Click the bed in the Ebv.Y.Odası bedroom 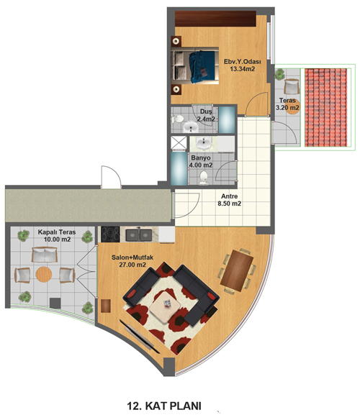pyautogui.click(x=194, y=65)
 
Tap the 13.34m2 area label pyautogui.click(x=243, y=69)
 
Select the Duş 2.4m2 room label pyautogui.click(x=206, y=115)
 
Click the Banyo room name pyautogui.click(x=201, y=158)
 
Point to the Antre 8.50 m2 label pyautogui.click(x=230, y=200)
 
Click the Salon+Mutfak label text pyautogui.click(x=132, y=257)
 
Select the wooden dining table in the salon pyautogui.click(x=237, y=270)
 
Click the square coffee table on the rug pyautogui.click(x=165, y=307)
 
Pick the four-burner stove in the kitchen pyautogui.click(x=110, y=234)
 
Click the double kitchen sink pyautogui.click(x=138, y=234)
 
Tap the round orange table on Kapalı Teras pyautogui.click(x=44, y=275)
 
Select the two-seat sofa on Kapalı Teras pyautogui.click(x=45, y=255)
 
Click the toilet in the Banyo pyautogui.click(x=204, y=178)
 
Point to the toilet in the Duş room pyautogui.click(x=178, y=119)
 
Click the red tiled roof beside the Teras pyautogui.click(x=326, y=107)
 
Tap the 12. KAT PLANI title pyautogui.click(x=164, y=406)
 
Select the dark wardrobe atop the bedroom pyautogui.click(x=215, y=19)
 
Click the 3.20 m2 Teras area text pyautogui.click(x=287, y=108)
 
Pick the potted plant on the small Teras pyautogui.click(x=279, y=74)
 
